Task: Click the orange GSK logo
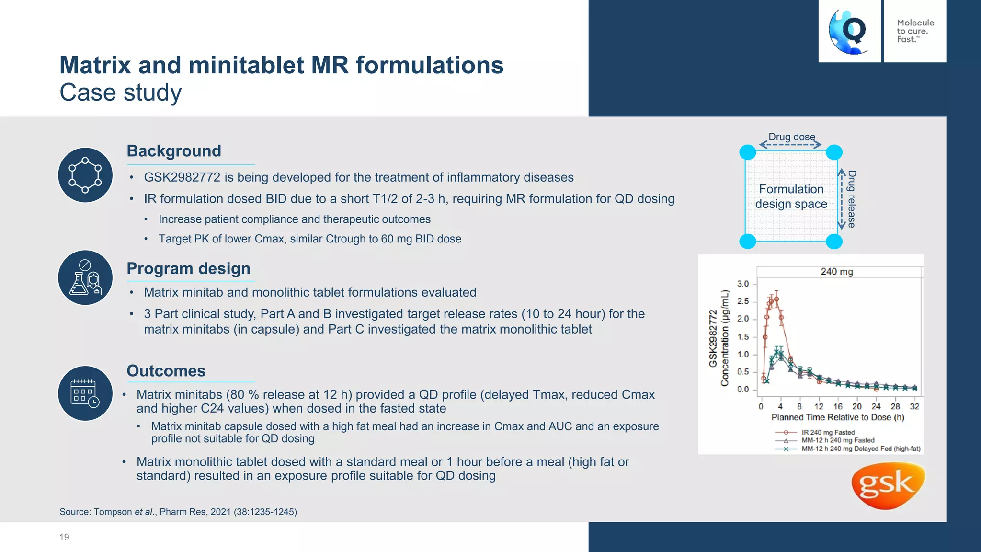pos(888,485)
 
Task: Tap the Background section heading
pos(174,151)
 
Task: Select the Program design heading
pos(188,268)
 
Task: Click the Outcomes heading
pos(166,371)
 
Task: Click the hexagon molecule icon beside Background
pos(85,175)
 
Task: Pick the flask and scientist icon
pos(85,278)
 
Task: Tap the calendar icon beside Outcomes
pos(85,393)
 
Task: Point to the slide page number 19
pos(64,537)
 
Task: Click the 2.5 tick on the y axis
pos(743,301)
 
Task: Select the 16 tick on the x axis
pos(838,406)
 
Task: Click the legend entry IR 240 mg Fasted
pos(828,432)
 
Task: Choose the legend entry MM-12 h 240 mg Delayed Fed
pos(860,449)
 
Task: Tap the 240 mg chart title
pos(836,272)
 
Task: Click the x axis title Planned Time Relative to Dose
pos(838,417)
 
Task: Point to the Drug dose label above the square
pos(791,137)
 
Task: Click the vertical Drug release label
pos(851,199)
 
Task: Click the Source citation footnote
pos(178,512)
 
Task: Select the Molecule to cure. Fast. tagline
pos(915,31)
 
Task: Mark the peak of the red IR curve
pos(776,299)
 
